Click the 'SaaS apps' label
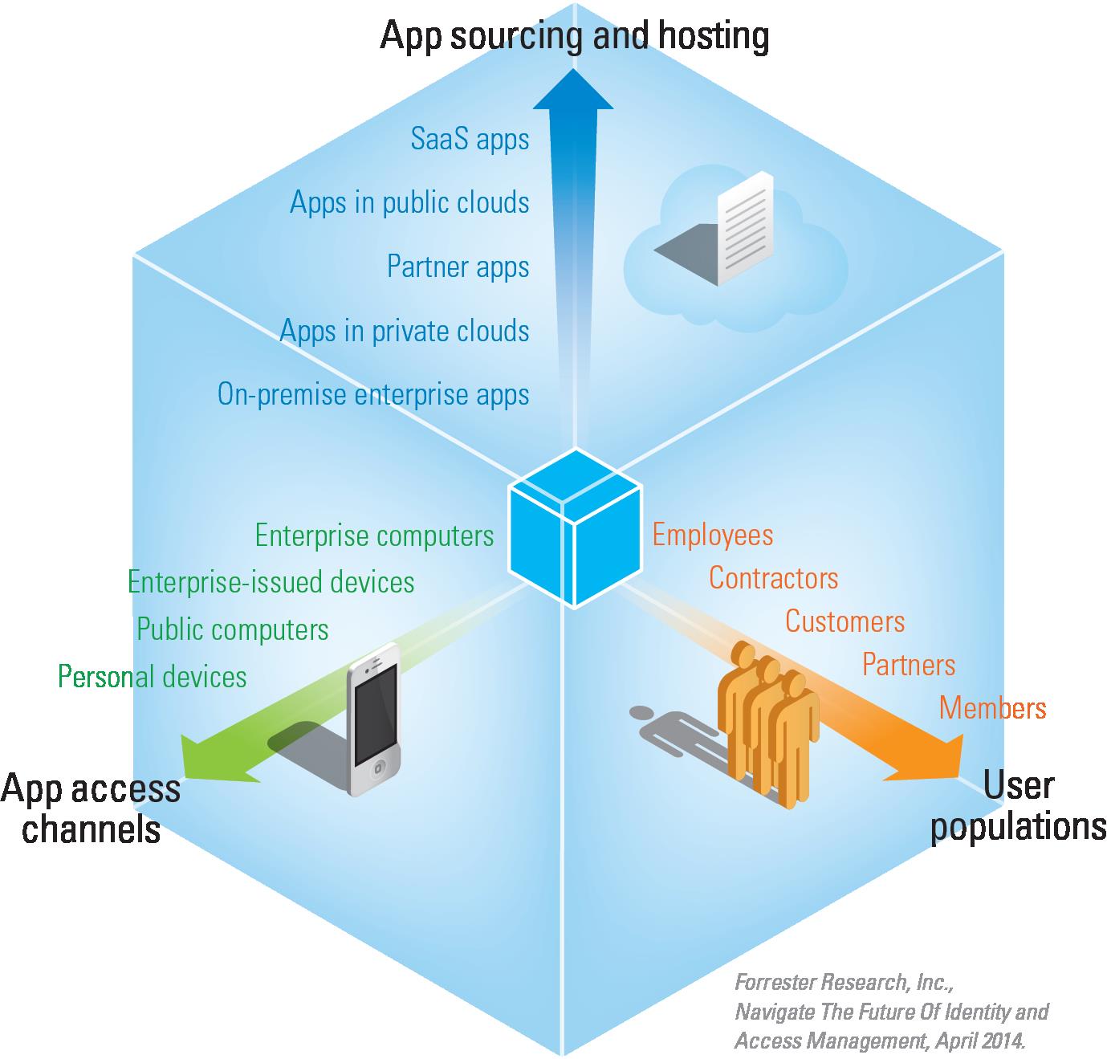470,138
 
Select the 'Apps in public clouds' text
409,202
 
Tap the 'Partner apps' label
458,267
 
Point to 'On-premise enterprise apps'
373,395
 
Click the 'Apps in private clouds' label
405,331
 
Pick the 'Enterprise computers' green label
374,536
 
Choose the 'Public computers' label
232,629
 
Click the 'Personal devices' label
152,676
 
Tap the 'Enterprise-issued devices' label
271,582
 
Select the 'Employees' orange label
713,535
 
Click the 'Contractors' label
773,578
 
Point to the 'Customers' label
844,621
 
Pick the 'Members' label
992,708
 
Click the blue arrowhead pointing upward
573,90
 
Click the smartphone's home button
377,769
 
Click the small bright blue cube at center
575,527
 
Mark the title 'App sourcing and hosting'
574,35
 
